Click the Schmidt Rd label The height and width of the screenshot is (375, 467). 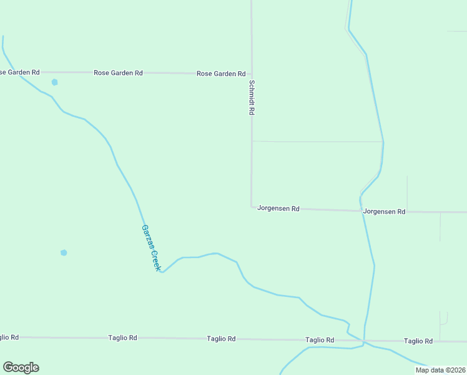point(252,97)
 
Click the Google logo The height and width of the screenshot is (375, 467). point(21,367)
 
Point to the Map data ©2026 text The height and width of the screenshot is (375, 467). point(440,370)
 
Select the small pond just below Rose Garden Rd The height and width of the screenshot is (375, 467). point(55,82)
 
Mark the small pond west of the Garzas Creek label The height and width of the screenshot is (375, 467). point(64,252)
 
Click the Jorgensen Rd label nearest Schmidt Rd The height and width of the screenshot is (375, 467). point(278,208)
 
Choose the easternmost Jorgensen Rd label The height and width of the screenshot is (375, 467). point(385,212)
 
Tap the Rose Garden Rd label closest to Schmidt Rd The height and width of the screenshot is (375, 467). point(221,74)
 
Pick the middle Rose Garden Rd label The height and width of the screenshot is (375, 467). point(118,73)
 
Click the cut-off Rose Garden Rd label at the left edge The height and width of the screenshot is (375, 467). point(19,72)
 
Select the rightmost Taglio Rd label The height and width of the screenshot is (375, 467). point(418,341)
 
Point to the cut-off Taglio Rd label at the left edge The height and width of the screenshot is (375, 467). point(9,337)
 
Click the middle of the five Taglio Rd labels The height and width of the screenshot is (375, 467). point(221,338)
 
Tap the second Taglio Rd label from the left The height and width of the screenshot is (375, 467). point(122,337)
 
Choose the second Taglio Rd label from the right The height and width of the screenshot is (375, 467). point(320,340)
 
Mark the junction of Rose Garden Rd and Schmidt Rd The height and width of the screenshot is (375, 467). point(252,74)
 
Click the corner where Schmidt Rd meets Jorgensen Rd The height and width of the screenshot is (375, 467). point(252,206)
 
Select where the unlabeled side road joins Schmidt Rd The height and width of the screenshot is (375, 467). point(252,141)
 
